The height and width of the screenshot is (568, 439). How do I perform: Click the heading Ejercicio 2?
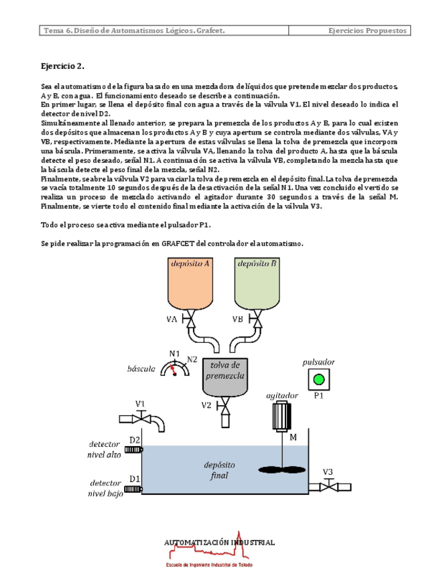pos(63,66)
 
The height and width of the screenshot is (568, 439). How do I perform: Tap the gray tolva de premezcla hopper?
pos(225,375)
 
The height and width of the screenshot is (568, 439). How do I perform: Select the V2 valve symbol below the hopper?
pos(226,405)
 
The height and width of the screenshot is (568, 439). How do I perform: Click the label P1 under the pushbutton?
pos(319,395)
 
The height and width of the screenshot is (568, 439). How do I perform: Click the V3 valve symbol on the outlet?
pos(328,486)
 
